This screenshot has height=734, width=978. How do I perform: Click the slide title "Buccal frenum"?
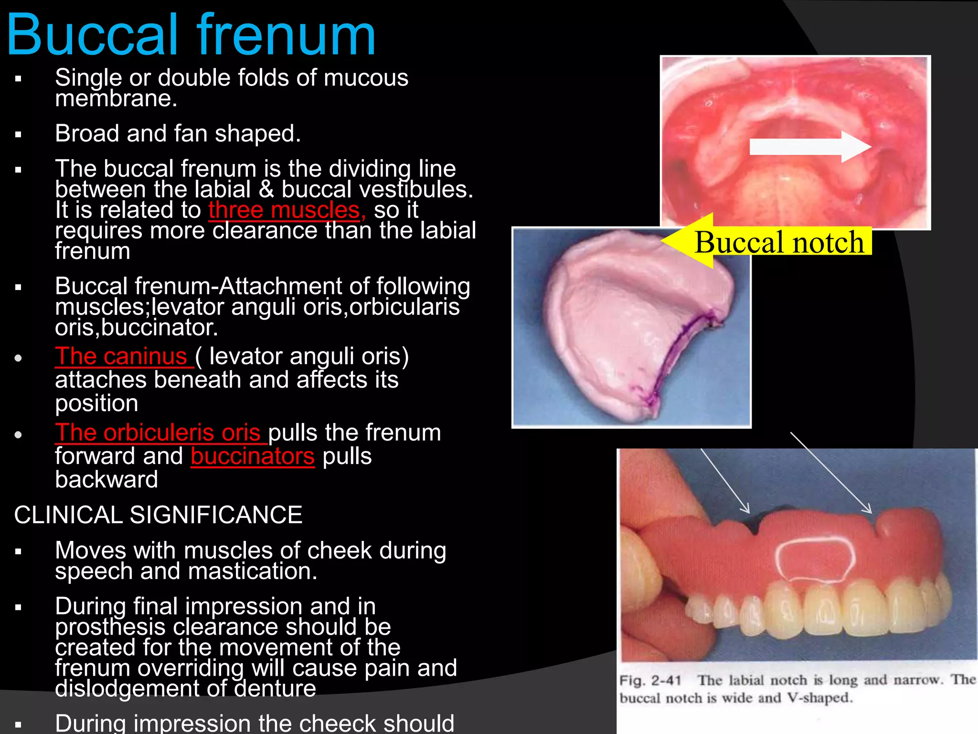pos(191,36)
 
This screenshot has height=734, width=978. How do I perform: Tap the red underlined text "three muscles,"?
pos(287,210)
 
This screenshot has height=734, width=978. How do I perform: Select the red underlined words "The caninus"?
pos(124,356)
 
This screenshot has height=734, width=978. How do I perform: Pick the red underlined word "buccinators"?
pos(253,456)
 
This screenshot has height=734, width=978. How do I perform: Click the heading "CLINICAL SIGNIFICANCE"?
pos(158,515)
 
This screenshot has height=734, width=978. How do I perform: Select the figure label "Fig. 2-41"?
pos(650,680)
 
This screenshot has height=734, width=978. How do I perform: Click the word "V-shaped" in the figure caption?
pos(819,698)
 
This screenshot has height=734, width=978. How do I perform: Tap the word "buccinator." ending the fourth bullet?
pos(159,328)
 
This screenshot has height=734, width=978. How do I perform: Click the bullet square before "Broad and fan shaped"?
pos(19,135)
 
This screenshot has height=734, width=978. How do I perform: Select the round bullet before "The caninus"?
pos(19,358)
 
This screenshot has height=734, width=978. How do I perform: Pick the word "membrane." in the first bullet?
pos(116,99)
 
